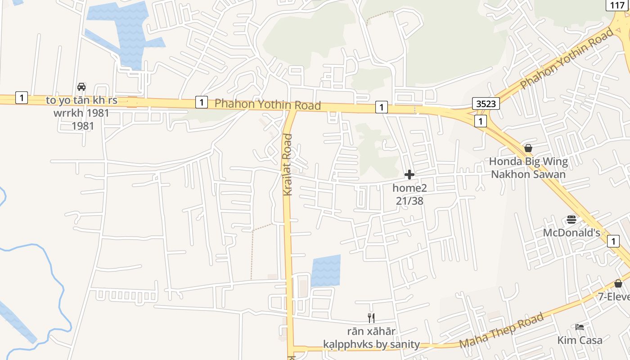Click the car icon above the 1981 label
click(x=81, y=87)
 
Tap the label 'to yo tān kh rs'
click(x=81, y=100)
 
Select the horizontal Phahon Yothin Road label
click(x=268, y=104)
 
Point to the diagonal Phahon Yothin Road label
click(x=567, y=58)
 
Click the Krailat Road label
click(x=287, y=165)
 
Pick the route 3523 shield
click(x=486, y=104)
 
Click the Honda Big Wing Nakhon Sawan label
click(x=528, y=167)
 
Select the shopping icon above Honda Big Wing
click(x=528, y=148)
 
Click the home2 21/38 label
click(x=409, y=194)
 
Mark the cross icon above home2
click(x=409, y=175)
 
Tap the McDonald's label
click(x=571, y=233)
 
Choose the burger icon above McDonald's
click(x=571, y=220)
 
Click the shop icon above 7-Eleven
click(x=618, y=283)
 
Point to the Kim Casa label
click(x=580, y=340)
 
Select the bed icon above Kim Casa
click(x=580, y=327)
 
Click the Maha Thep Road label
click(x=501, y=331)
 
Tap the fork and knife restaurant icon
click(x=371, y=318)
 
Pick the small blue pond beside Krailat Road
click(x=326, y=271)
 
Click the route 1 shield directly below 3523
click(x=481, y=121)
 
